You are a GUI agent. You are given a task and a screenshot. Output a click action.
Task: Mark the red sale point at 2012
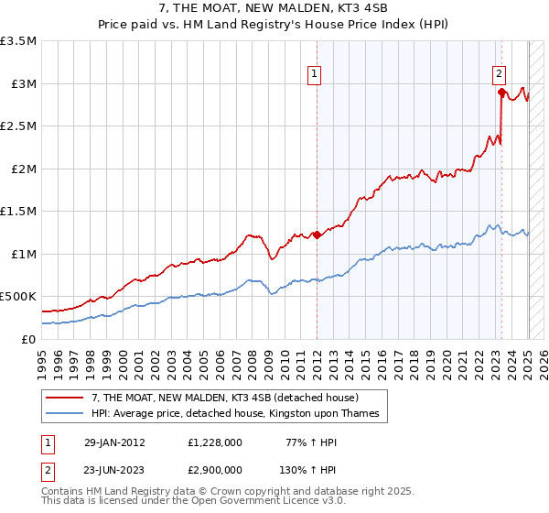(317, 235)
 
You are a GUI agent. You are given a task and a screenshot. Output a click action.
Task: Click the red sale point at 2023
(501, 92)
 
